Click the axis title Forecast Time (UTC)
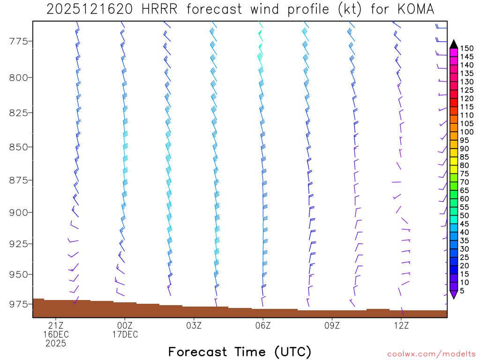click(240, 352)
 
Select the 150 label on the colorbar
click(467, 48)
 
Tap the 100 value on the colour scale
click(467, 132)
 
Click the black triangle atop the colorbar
click(454, 44)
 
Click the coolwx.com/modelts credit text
click(431, 354)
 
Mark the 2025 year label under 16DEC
click(56, 343)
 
